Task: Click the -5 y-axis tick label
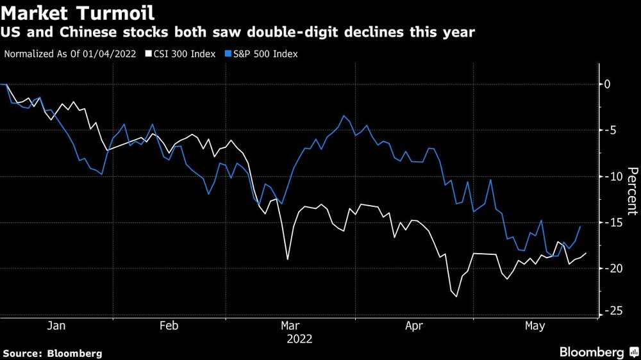point(610,131)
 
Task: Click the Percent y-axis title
point(633,190)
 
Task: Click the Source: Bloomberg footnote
point(53,353)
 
